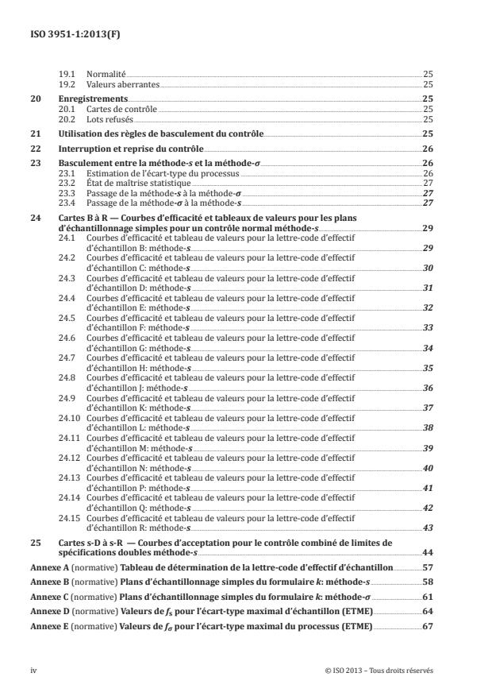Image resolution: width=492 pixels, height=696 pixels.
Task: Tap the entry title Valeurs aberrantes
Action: [x=114, y=83]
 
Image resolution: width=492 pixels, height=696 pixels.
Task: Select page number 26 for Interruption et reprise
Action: [x=427, y=150]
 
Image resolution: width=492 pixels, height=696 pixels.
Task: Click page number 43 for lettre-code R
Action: [x=427, y=528]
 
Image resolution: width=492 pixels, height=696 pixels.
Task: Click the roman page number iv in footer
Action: [x=34, y=671]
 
